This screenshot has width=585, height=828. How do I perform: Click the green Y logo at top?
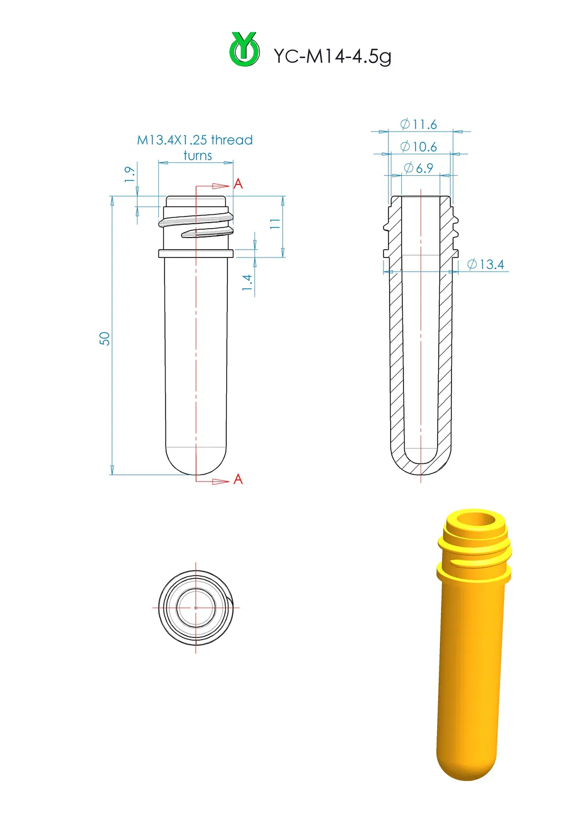click(x=244, y=50)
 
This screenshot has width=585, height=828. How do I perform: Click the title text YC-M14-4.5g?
click(x=332, y=56)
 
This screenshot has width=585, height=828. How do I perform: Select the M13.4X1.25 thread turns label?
click(x=195, y=147)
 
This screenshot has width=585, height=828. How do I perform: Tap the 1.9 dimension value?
click(x=129, y=174)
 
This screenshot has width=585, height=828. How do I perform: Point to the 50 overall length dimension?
click(x=104, y=339)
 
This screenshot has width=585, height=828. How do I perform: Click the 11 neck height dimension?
click(x=275, y=224)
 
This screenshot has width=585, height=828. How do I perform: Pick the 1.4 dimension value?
click(x=247, y=283)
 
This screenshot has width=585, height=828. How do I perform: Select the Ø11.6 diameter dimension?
click(x=418, y=124)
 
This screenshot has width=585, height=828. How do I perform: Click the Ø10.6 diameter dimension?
click(x=418, y=146)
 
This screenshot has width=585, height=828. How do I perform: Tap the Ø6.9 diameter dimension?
click(x=418, y=168)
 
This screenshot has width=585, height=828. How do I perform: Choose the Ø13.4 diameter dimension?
click(x=486, y=265)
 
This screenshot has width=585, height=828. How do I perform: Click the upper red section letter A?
click(x=238, y=183)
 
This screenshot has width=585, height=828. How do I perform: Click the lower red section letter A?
click(x=238, y=479)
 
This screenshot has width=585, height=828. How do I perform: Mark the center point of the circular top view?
click(x=196, y=608)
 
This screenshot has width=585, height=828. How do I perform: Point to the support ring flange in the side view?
click(x=196, y=254)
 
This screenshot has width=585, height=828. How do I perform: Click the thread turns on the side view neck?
click(x=196, y=224)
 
